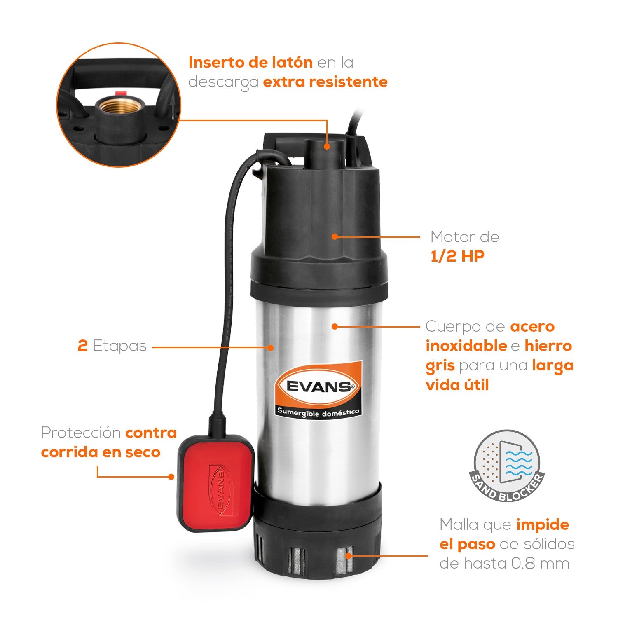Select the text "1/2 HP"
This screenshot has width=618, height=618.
pyautogui.click(x=457, y=256)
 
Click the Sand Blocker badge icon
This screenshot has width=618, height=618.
pyautogui.click(x=507, y=466)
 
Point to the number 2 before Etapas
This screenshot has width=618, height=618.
pyautogui.click(x=82, y=346)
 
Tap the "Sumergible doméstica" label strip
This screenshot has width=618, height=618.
pyautogui.click(x=318, y=412)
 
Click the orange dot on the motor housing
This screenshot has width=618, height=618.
pyautogui.click(x=335, y=236)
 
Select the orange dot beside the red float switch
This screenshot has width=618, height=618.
pyautogui.click(x=171, y=477)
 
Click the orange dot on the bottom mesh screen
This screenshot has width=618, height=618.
pyautogui.click(x=348, y=555)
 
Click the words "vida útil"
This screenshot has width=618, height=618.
pyautogui.click(x=457, y=385)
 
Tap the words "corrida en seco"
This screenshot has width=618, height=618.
pyautogui.click(x=101, y=452)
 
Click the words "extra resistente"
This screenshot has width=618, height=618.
pyautogui.click(x=325, y=82)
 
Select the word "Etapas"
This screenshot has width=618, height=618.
pyautogui.click(x=119, y=346)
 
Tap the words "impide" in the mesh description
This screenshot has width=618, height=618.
pyautogui.click(x=542, y=525)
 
